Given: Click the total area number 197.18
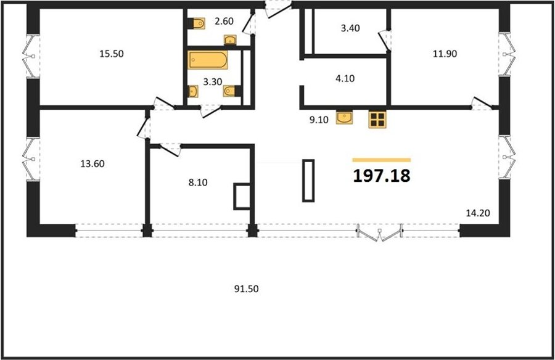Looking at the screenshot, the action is pyautogui.click(x=382, y=176).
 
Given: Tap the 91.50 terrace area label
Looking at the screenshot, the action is pyautogui.click(x=246, y=289).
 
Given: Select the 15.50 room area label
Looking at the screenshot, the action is pyautogui.click(x=112, y=54).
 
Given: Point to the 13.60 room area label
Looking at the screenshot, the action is pyautogui.click(x=92, y=164).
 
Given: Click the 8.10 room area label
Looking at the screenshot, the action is pyautogui.click(x=198, y=182).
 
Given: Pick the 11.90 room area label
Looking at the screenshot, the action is pyautogui.click(x=445, y=54).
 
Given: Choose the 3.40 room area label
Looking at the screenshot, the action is pyautogui.click(x=350, y=28).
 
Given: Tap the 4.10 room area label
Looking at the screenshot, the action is pyautogui.click(x=345, y=78).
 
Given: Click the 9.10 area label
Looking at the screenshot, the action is pyautogui.click(x=319, y=120).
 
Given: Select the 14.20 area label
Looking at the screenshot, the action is pyautogui.click(x=478, y=213).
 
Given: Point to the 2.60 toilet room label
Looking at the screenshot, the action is pyautogui.click(x=224, y=21).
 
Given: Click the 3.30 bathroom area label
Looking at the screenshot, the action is pyautogui.click(x=212, y=82).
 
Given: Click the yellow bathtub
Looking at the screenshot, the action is pyautogui.click(x=207, y=60).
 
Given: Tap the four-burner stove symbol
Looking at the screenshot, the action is pyautogui.click(x=377, y=120).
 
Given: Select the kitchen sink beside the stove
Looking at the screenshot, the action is pyautogui.click(x=344, y=118).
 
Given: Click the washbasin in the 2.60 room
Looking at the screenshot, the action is pyautogui.click(x=230, y=39).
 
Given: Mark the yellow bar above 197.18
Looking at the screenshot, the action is pyautogui.click(x=382, y=160).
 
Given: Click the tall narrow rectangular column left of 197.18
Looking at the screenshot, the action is pyautogui.click(x=308, y=181).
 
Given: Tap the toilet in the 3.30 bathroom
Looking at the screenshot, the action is pyautogui.click(x=231, y=91).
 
